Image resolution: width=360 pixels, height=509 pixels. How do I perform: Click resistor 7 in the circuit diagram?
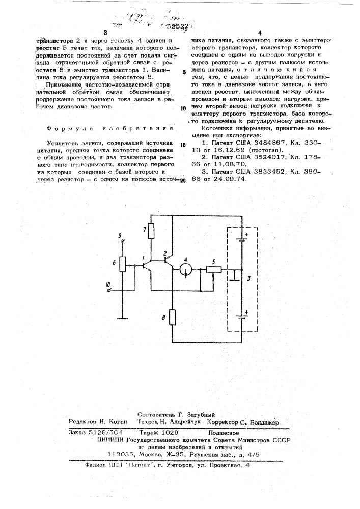pyautogui.click(x=150, y=232)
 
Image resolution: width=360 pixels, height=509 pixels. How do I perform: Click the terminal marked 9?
pyautogui.click(x=122, y=242)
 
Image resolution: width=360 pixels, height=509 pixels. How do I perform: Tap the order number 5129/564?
pyautogui.click(x=104, y=432)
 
